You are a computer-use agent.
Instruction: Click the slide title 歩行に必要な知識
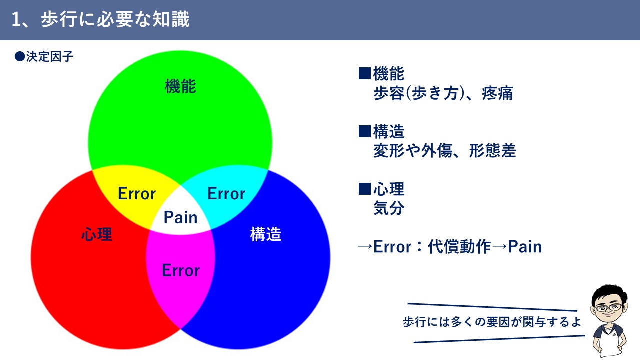[x=115, y=19]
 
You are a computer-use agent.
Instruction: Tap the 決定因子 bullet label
[x=50, y=57]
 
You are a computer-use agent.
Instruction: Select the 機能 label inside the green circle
[x=180, y=86]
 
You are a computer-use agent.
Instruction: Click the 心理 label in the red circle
[x=97, y=234]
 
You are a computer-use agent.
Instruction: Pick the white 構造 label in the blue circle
[x=266, y=234]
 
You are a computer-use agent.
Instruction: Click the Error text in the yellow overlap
[x=137, y=193]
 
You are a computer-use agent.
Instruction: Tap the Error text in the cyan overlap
[x=226, y=193]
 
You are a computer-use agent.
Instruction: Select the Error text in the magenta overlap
[x=181, y=270]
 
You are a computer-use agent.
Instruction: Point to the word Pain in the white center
[x=180, y=217]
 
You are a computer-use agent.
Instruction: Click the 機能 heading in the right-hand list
[x=389, y=73]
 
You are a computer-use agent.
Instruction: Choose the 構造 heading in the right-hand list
[x=389, y=131]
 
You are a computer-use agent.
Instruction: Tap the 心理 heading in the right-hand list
[x=389, y=189]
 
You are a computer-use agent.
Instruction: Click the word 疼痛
[x=497, y=93]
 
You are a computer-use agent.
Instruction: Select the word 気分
[x=389, y=208]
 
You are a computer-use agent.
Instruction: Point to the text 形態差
[x=492, y=151]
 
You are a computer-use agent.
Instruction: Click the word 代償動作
[x=459, y=246]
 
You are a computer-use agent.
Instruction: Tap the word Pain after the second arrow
[x=525, y=247]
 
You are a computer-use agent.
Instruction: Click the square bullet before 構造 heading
[x=365, y=131]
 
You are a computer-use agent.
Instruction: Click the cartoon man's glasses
[x=609, y=308]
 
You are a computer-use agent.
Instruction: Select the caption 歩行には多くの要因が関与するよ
[x=492, y=322]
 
